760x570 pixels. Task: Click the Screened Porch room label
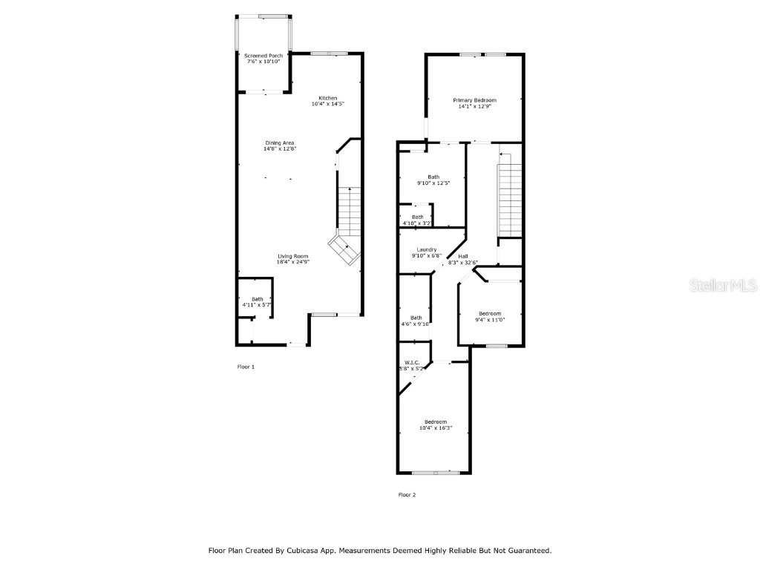tap(263, 56)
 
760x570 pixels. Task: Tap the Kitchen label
tap(327, 99)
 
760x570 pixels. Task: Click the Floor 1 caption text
tap(246, 367)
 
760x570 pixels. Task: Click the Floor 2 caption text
tap(407, 495)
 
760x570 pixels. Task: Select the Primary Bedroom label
tap(474, 100)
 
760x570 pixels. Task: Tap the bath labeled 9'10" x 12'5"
tap(433, 180)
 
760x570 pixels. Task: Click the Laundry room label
tap(426, 252)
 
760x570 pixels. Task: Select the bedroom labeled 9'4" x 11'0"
tap(489, 316)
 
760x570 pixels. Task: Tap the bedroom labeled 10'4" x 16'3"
tap(435, 425)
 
